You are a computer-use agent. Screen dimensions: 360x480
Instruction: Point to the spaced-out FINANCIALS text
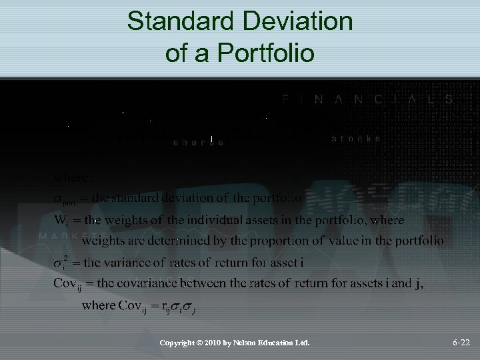[x=366, y=99]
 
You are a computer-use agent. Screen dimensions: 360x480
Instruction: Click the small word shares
[x=197, y=142]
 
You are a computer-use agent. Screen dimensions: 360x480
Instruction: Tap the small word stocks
[x=356, y=139]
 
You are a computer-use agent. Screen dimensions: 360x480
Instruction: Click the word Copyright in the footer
[x=178, y=343]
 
